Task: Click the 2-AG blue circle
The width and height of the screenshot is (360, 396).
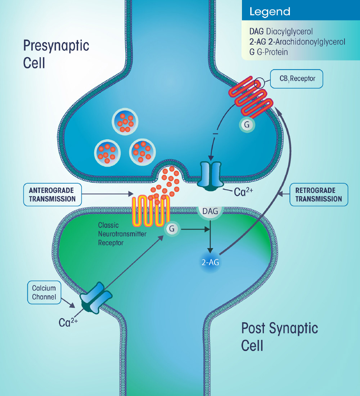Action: point(210,262)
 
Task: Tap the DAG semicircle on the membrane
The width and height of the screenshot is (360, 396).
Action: point(210,212)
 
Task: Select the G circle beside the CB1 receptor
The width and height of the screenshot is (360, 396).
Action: point(247,125)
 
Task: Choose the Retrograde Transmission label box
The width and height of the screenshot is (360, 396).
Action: point(319,194)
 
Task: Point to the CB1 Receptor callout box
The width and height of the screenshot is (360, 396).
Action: point(297,79)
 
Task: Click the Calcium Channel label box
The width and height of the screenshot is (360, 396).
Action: point(44,292)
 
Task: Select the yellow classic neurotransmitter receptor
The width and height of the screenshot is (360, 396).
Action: point(151,211)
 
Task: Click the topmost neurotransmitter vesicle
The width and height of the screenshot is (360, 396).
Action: point(125,120)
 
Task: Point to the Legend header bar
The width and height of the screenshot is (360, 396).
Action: point(301,12)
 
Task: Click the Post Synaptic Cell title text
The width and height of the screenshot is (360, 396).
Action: point(279,337)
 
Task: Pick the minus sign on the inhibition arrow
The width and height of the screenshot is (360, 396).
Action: point(215,134)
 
